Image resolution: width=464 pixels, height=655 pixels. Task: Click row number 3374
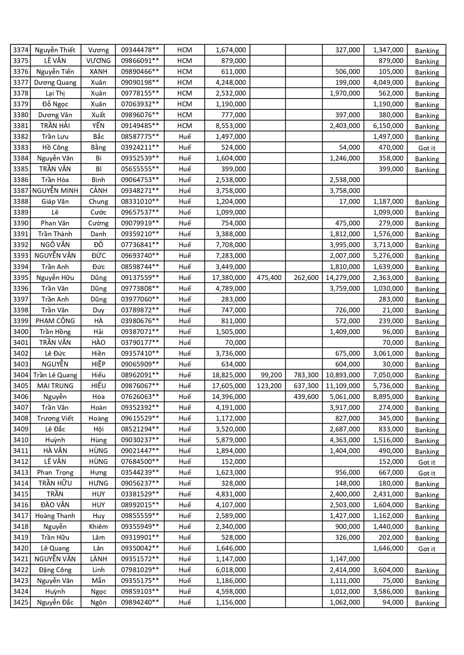coord(21,50)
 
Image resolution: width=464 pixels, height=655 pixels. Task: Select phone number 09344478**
coord(140,50)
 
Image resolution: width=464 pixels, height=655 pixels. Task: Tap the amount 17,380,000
coord(229,278)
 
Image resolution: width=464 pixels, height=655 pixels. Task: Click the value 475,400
coord(269,278)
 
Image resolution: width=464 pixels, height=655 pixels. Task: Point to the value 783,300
coord(306,375)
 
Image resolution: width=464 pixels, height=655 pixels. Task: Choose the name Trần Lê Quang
coord(55,375)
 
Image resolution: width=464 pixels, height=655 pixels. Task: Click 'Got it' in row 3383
coord(427,148)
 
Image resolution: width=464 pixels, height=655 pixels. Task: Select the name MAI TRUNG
coord(55,386)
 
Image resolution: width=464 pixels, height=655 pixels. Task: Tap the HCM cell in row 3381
coord(184,126)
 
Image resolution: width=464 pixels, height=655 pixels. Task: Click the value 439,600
coord(306,397)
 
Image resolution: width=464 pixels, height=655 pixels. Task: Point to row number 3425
coord(21,602)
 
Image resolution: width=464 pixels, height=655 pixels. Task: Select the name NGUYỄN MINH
coord(55,191)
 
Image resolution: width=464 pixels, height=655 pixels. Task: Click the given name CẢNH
coord(98,191)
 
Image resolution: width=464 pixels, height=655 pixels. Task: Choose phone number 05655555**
coord(140,169)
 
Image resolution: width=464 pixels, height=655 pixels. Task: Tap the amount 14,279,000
coord(343,278)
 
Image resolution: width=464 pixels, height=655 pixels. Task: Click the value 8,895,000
coord(388,397)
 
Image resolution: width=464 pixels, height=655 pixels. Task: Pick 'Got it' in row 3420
coord(427,549)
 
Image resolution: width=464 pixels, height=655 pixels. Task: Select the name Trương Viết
coord(55,418)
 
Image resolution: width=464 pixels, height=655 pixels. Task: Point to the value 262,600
coord(306,278)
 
